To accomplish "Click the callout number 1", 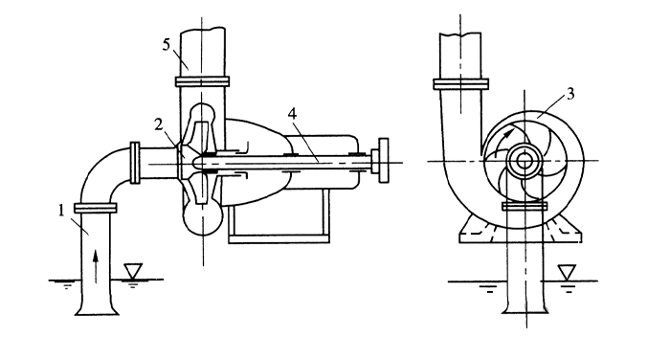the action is coord(61,211).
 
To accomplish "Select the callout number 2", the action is coord(159,125).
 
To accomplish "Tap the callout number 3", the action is coord(570,94).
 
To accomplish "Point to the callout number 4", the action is coord(292,113).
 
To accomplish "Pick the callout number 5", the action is coord(167,44).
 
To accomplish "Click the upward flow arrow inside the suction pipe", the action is coord(96,267).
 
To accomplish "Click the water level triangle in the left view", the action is coord(133,270).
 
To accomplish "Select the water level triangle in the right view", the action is coord(567,272).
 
